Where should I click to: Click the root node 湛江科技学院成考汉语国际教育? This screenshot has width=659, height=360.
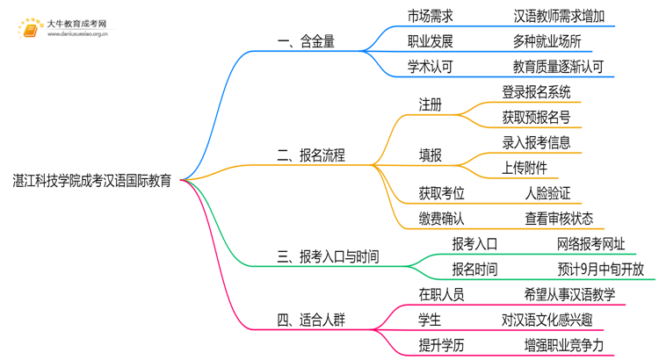click(x=91, y=180)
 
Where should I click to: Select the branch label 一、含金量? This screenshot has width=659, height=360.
click(x=305, y=41)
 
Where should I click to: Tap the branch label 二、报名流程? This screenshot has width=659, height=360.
click(x=311, y=155)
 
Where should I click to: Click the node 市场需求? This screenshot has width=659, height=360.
click(x=431, y=16)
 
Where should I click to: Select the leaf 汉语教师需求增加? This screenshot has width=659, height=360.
click(x=559, y=16)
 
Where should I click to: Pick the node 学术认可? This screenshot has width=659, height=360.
click(x=431, y=66)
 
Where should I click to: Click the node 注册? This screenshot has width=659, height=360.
click(x=431, y=104)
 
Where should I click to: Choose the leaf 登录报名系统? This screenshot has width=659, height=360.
click(x=536, y=91)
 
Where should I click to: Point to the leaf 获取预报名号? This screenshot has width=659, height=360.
click(x=536, y=116)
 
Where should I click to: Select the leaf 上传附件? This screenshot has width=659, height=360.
click(x=525, y=167)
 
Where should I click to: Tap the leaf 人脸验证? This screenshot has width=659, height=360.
click(x=547, y=192)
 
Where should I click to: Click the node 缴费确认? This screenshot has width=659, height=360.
click(x=442, y=218)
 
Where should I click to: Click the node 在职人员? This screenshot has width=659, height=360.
click(x=442, y=294)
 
